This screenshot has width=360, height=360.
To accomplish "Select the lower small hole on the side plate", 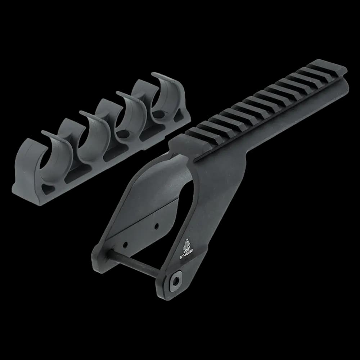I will click(x=125, y=244).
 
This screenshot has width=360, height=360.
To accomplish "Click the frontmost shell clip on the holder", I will click(x=54, y=158).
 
